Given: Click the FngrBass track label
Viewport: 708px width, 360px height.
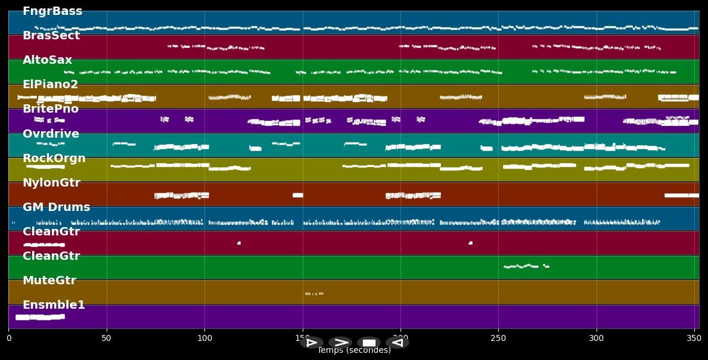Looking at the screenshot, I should click(52, 11).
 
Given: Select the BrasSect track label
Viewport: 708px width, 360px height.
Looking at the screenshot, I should click(51, 36).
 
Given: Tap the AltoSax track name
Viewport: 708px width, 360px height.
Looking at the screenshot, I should click(47, 60).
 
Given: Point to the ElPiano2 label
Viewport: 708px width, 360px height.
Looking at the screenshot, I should click(51, 85).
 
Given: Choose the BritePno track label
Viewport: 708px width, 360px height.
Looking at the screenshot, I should click(51, 109).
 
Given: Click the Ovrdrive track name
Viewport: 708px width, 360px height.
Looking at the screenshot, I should click(51, 134).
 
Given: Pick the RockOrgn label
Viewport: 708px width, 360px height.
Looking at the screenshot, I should click(54, 159).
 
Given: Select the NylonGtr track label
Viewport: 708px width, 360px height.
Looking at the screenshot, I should click(51, 183).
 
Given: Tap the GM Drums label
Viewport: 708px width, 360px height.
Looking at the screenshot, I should click(56, 207).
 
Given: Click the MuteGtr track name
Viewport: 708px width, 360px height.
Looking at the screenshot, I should click(49, 281).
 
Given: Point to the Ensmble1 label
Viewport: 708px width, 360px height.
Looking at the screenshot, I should click(54, 305).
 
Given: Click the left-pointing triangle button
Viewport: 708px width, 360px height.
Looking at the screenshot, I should click(397, 343).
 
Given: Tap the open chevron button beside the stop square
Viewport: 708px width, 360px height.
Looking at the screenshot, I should click(340, 343).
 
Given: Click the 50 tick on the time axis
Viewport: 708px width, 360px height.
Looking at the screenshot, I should click(106, 339).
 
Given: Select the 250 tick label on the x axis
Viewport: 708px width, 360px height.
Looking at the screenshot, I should click(498, 339).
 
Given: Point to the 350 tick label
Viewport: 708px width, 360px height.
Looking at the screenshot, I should click(694, 339).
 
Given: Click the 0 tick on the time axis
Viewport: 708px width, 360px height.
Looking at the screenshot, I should click(8, 339).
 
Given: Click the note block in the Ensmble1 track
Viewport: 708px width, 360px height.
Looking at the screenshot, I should click(39, 317).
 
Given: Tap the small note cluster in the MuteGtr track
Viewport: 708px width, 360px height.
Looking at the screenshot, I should click(314, 294).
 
